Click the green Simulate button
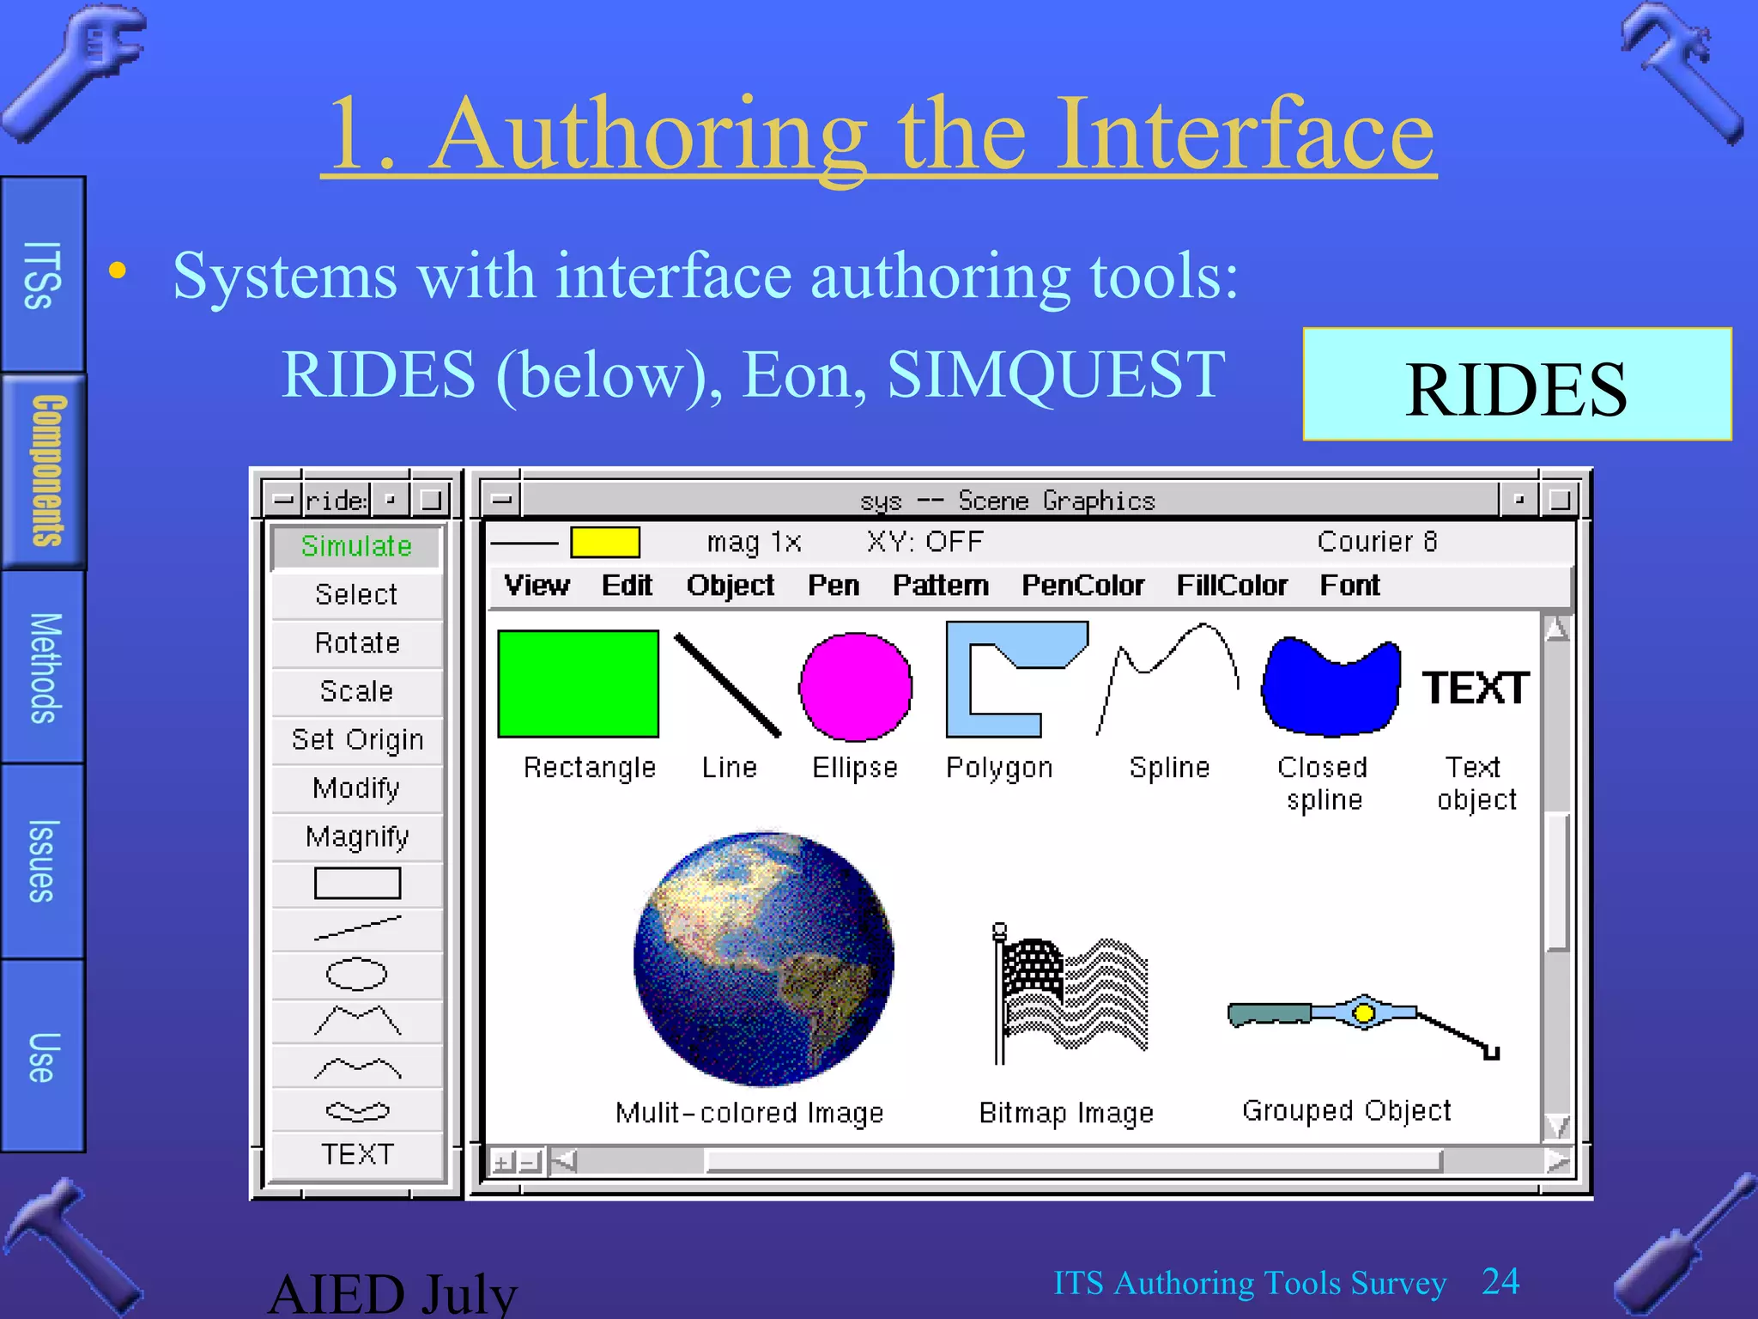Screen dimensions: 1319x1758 (x=356, y=546)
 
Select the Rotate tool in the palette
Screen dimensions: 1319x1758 (x=357, y=643)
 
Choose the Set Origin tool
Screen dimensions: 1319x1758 (x=357, y=739)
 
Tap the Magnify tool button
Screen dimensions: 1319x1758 (x=357, y=836)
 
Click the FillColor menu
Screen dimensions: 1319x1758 (x=1232, y=586)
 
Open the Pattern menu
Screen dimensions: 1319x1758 (x=940, y=586)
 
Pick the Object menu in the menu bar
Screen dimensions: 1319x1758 (x=730, y=586)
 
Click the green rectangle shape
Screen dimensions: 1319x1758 (x=578, y=684)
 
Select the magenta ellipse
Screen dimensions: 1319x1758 (x=855, y=687)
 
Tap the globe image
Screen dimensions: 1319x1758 (x=763, y=958)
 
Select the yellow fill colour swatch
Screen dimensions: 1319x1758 (x=605, y=543)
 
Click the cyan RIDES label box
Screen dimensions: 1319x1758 (x=1516, y=385)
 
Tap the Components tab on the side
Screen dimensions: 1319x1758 (x=45, y=471)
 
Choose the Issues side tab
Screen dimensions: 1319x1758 (x=43, y=860)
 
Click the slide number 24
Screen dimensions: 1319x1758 (x=1500, y=1282)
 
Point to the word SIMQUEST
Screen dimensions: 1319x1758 (x=1056, y=375)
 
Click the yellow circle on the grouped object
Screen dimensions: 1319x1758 (x=1363, y=1013)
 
